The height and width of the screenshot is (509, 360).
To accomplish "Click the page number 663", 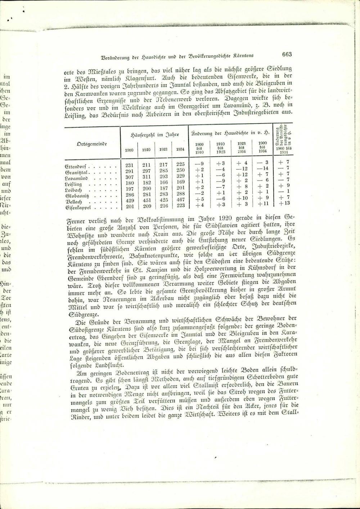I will click(287, 54).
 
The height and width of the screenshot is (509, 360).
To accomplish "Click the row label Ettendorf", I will click(76, 166).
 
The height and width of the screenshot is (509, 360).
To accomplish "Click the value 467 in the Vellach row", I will click(180, 201).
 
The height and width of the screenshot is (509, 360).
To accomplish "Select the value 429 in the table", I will click(129, 201).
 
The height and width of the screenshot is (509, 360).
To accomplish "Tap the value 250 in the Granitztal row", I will click(180, 170).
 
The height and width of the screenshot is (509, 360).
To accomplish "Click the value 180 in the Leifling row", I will click(129, 183).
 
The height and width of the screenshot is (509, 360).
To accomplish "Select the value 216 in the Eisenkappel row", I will click(163, 207).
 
